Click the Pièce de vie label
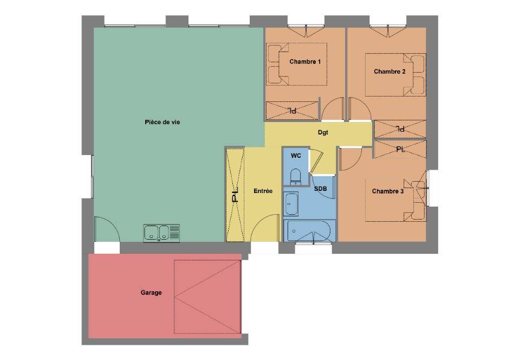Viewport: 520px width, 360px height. [162, 123]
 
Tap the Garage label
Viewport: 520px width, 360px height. [151, 293]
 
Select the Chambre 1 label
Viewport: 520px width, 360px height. [305, 61]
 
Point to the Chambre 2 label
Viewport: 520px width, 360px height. [389, 72]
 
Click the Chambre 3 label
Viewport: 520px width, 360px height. [388, 191]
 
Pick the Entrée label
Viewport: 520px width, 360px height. [263, 191]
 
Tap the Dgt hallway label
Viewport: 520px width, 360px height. [323, 132]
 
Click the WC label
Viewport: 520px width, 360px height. [296, 155]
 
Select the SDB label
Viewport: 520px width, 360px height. [320, 189]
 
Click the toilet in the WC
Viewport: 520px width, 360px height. [295, 177]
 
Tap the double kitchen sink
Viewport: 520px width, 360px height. [161, 233]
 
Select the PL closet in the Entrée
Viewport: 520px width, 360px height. [235, 195]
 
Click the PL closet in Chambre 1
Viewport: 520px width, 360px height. [292, 111]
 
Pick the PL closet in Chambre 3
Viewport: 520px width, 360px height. [400, 149]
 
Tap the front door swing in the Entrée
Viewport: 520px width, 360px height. [265, 228]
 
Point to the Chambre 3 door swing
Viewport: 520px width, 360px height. [350, 159]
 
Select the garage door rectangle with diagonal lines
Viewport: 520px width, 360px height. [207, 297]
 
